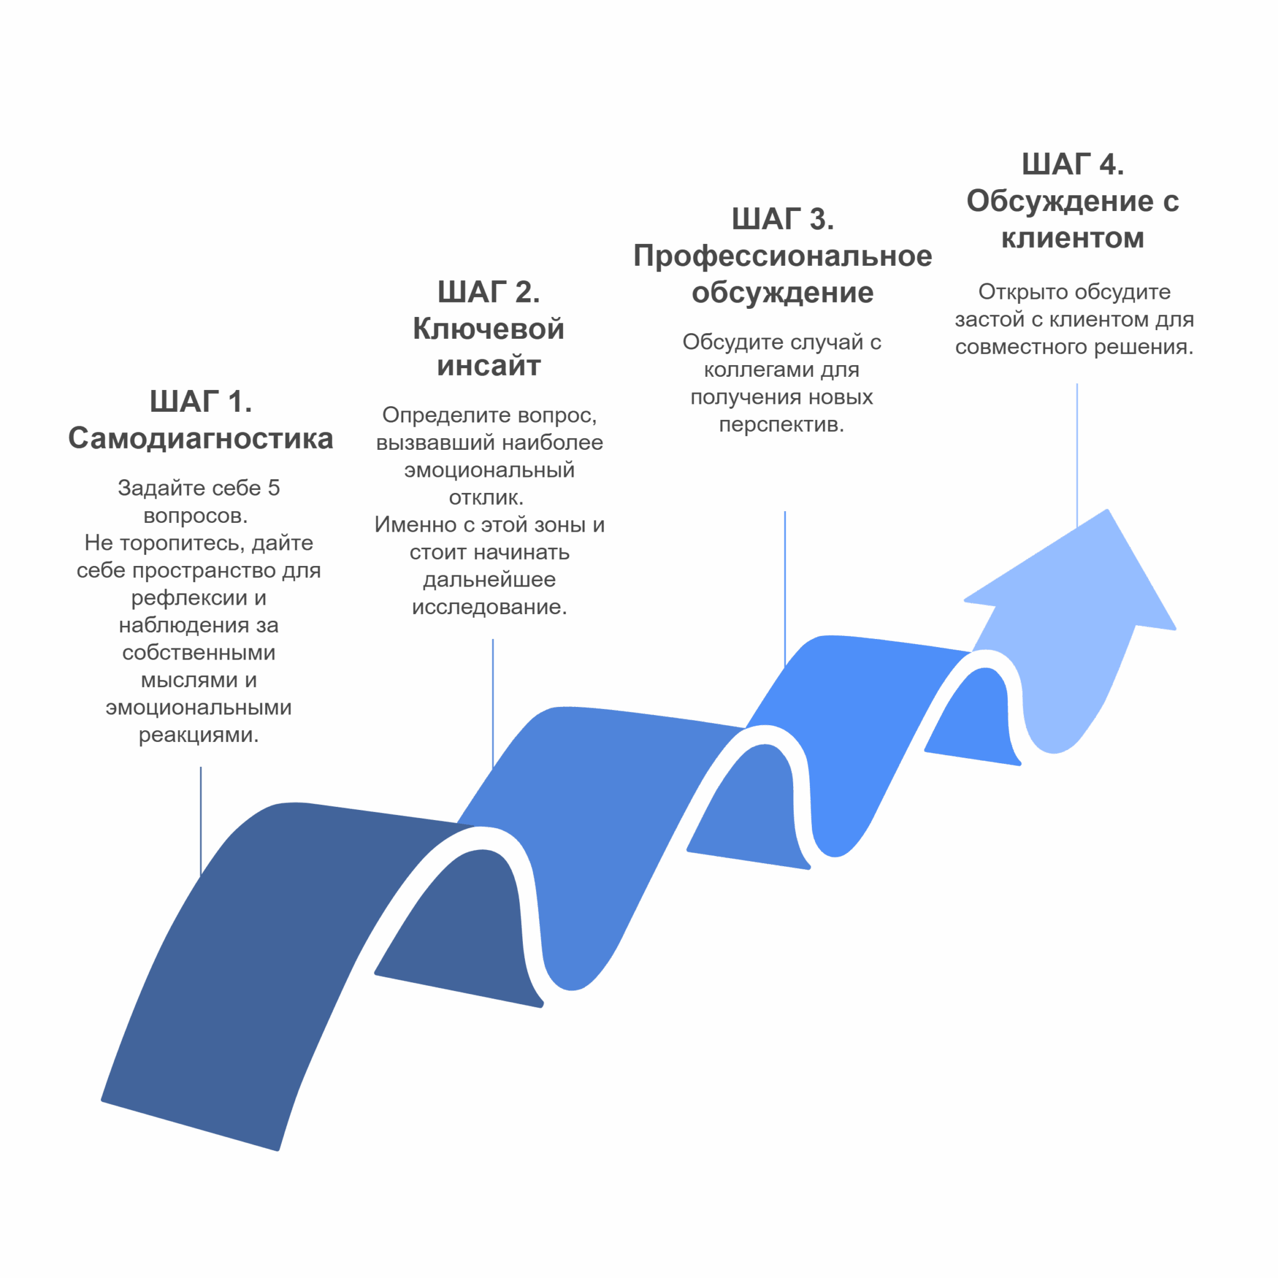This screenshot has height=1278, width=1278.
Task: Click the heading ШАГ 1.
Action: (x=200, y=401)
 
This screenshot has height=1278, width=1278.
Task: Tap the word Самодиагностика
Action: (x=200, y=439)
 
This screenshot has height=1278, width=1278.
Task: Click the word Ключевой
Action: (x=489, y=329)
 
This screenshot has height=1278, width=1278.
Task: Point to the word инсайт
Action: (x=489, y=365)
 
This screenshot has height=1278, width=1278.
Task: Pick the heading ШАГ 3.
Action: (x=783, y=219)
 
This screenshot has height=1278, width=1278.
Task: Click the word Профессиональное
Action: (x=783, y=256)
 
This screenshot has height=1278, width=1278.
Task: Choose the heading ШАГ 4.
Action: (x=1073, y=164)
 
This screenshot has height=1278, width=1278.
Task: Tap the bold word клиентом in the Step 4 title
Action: (x=1073, y=238)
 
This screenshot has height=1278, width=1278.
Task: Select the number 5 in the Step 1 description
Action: (x=273, y=487)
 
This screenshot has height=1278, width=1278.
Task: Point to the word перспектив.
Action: (x=781, y=424)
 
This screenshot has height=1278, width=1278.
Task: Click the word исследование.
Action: (x=489, y=607)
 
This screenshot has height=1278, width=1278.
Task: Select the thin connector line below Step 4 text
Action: (x=1077, y=456)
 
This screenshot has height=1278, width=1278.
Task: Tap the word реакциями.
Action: (x=198, y=735)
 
